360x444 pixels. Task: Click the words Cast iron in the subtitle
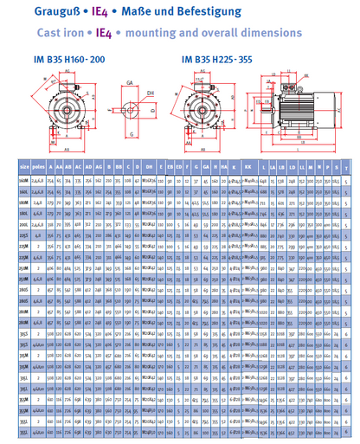(x=40, y=31)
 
